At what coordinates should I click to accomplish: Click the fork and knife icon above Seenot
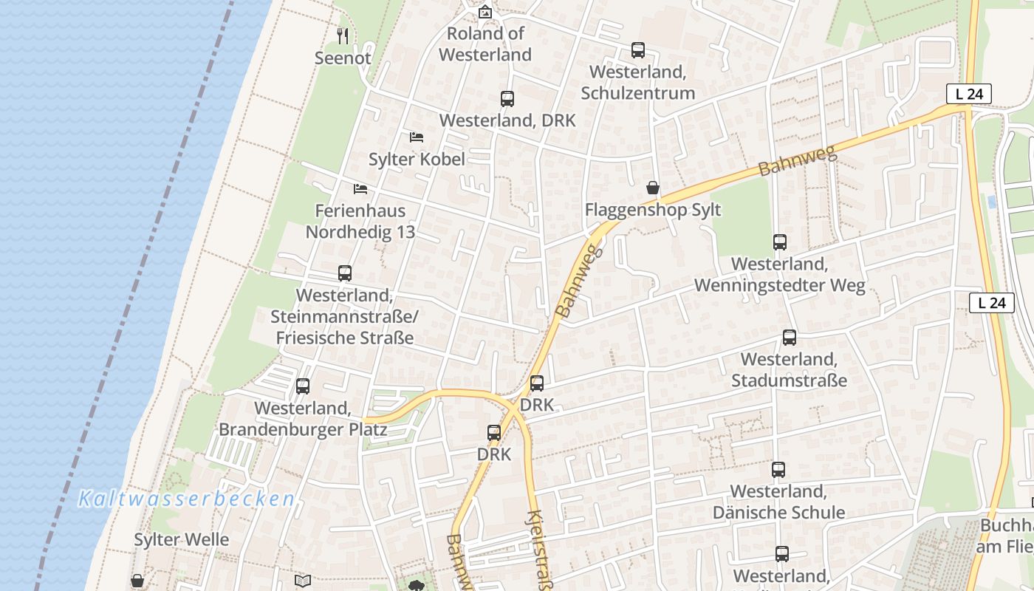tap(343, 35)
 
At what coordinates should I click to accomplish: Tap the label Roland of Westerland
tap(485, 44)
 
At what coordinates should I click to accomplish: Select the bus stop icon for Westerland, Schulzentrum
tap(638, 50)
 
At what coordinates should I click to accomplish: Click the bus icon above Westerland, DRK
tap(507, 99)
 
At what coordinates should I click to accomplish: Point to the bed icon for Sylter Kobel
tap(417, 137)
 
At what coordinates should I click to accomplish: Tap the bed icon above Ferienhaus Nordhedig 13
tap(360, 189)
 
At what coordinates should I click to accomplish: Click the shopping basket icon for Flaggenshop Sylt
tap(653, 188)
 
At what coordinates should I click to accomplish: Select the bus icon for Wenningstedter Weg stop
tap(780, 242)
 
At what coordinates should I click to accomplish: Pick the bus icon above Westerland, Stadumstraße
tap(790, 338)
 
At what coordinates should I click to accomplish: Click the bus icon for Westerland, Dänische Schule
tap(778, 470)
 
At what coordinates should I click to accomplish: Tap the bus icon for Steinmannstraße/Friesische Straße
tap(345, 273)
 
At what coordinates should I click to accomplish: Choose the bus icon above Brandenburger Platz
tap(303, 386)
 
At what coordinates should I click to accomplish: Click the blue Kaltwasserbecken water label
tap(187, 499)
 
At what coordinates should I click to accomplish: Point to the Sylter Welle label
tap(182, 539)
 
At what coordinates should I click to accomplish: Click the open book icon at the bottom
tap(303, 581)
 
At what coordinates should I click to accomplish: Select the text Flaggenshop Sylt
tap(653, 210)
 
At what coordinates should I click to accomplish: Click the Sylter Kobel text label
tap(417, 159)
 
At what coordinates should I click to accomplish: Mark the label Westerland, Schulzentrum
tap(638, 83)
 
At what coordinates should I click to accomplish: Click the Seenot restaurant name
tap(343, 58)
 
